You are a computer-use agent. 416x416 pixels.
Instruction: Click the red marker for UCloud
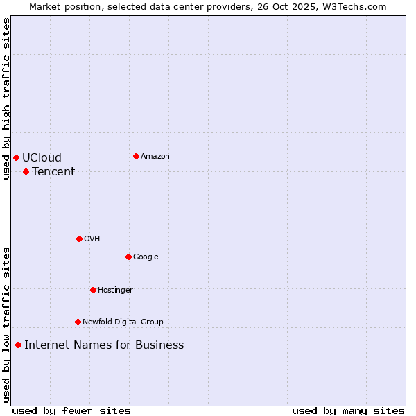click(x=16, y=157)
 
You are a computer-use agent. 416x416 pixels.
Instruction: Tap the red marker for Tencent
click(x=26, y=171)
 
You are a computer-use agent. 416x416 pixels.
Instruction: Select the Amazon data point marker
click(x=136, y=156)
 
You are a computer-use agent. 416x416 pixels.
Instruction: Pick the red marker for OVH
click(x=79, y=239)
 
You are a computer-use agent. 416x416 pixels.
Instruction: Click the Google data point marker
click(x=128, y=257)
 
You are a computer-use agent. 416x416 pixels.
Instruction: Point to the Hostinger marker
click(x=93, y=290)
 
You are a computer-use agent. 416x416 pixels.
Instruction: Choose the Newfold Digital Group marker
click(x=78, y=322)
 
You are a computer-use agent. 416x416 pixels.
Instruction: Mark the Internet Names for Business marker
click(x=18, y=345)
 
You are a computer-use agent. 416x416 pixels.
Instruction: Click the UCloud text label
click(x=42, y=157)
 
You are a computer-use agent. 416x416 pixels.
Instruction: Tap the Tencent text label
click(x=53, y=171)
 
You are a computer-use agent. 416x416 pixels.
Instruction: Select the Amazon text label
click(x=155, y=156)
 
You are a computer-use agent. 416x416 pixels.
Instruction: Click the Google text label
click(x=146, y=257)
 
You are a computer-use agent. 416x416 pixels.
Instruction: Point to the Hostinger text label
click(x=115, y=290)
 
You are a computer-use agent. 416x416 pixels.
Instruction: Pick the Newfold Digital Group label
click(x=123, y=322)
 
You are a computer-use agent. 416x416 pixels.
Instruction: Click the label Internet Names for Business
click(x=104, y=345)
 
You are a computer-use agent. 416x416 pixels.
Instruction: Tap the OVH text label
click(x=92, y=239)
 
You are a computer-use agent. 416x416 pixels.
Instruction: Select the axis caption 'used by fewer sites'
click(x=71, y=410)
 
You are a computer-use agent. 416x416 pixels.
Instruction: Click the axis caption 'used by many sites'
click(x=348, y=410)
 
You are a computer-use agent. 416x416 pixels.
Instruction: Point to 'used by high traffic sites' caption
click(x=6, y=98)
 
